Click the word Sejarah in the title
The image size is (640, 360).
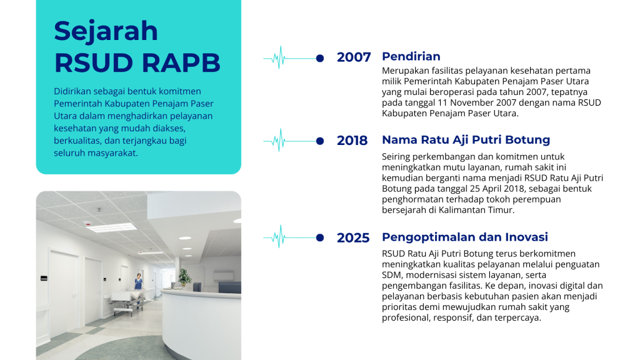(x=106, y=32)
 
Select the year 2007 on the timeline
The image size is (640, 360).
(x=354, y=57)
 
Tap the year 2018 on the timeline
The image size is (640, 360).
(x=352, y=141)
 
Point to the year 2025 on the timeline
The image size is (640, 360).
(x=353, y=237)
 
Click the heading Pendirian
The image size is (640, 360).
(x=411, y=56)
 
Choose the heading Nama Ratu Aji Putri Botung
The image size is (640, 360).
(x=466, y=140)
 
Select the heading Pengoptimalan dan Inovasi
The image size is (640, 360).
(x=465, y=237)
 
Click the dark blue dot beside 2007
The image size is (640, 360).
(x=320, y=58)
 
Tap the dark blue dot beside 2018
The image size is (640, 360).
(x=320, y=141)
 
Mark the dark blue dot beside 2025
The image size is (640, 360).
(x=320, y=237)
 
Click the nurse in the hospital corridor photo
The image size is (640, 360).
(x=139, y=282)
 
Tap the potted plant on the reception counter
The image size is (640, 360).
(x=185, y=277)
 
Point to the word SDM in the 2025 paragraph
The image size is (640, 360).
(x=391, y=275)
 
